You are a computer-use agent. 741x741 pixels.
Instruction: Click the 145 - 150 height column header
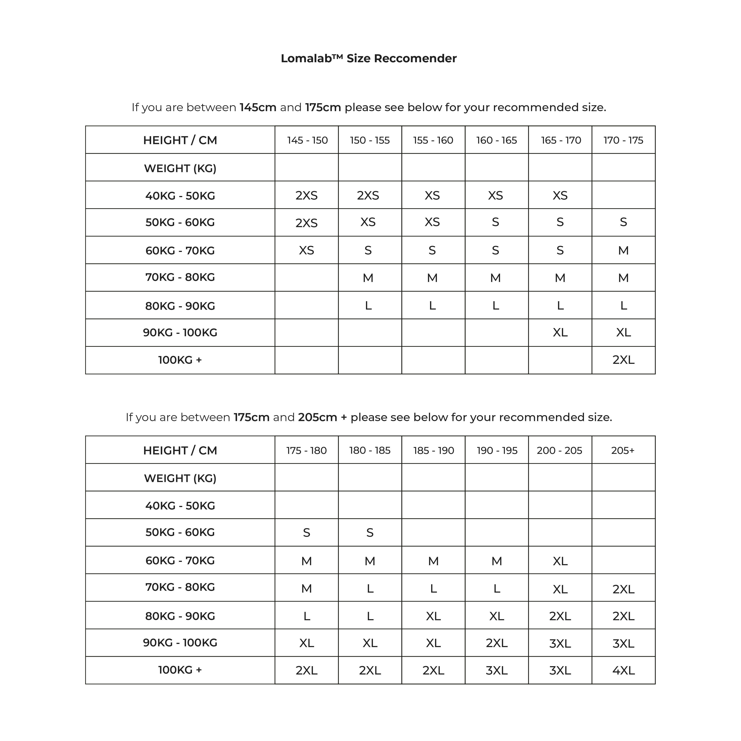(307, 140)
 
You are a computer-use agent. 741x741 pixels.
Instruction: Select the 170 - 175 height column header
(623, 140)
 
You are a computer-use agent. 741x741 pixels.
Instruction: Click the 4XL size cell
(623, 670)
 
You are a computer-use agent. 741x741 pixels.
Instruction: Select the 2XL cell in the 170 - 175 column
(623, 360)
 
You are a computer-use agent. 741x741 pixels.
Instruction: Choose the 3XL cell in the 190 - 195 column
(497, 670)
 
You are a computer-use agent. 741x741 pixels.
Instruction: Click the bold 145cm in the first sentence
(258, 107)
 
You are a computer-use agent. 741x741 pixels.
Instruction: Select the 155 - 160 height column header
(433, 140)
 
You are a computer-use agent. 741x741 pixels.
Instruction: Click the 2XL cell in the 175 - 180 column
(307, 670)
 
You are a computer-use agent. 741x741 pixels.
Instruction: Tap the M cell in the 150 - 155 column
(368, 278)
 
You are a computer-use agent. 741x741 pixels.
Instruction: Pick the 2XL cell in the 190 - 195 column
(497, 643)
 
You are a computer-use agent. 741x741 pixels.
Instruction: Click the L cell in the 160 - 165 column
(496, 306)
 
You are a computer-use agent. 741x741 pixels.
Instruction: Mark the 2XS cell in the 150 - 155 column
(368, 196)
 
